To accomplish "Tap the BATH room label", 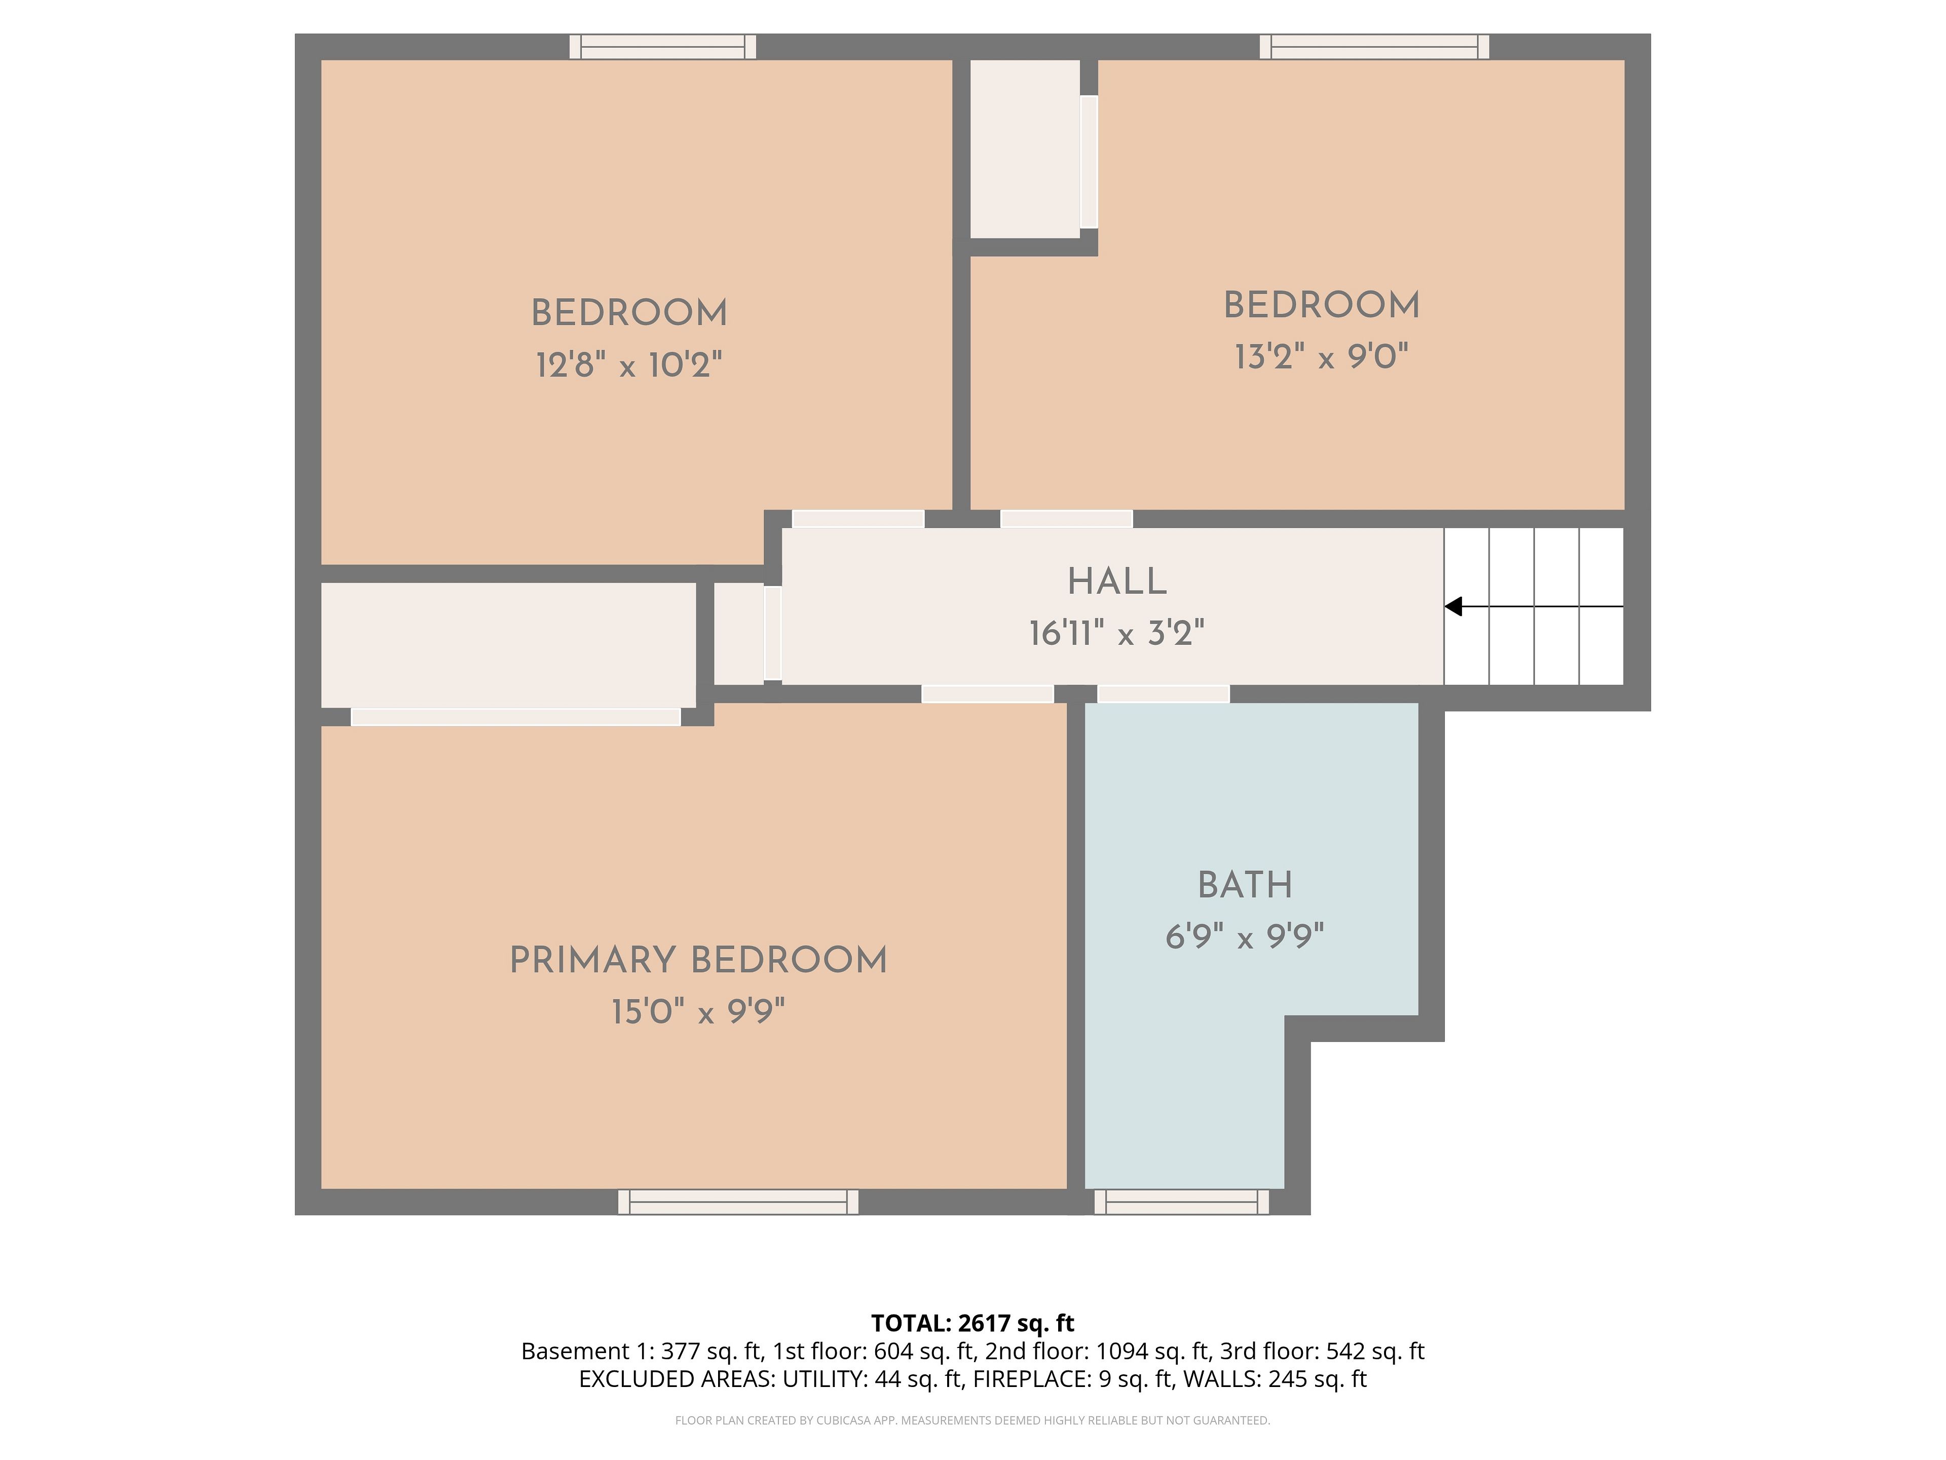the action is point(1245,885).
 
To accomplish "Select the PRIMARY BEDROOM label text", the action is point(698,960).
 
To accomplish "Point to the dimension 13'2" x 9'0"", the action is point(1321,356).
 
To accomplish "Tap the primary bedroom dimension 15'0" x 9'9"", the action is point(698,1011).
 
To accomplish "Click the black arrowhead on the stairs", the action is point(1453,606).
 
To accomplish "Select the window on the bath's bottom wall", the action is point(1181,1202).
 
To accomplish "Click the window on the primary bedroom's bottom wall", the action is point(738,1202).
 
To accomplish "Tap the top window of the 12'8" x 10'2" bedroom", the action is point(662,47).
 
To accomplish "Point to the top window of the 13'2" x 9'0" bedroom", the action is point(1374,47).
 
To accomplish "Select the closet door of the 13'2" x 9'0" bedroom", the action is point(1089,162).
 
